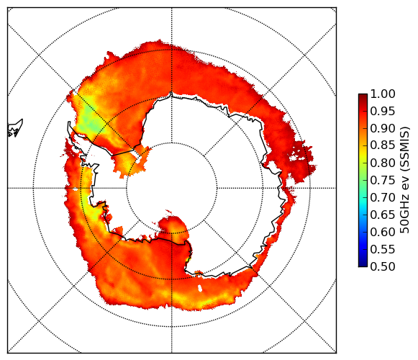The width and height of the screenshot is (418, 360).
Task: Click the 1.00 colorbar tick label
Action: (x=383, y=94)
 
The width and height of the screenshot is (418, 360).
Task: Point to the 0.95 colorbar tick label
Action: (x=383, y=112)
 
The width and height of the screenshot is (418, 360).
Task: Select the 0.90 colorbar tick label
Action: (x=383, y=129)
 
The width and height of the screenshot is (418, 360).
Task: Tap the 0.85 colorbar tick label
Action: (x=383, y=145)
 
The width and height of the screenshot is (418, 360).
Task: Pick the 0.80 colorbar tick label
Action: (x=383, y=163)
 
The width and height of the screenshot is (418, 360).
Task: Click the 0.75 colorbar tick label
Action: (x=383, y=181)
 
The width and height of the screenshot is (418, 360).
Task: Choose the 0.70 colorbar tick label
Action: (x=383, y=198)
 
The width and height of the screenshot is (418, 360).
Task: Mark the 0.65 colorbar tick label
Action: (x=383, y=215)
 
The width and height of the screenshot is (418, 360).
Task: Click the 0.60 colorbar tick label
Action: (x=383, y=232)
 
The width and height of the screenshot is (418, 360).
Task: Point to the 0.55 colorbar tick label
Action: (x=383, y=250)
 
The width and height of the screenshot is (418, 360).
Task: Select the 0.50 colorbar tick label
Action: (x=383, y=266)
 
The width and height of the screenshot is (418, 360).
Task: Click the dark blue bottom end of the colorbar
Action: (x=363, y=264)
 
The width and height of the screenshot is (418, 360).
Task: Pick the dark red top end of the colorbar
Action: (x=363, y=96)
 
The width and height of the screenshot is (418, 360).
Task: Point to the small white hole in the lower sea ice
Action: (x=200, y=288)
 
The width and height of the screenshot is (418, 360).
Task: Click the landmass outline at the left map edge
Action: (x=14, y=128)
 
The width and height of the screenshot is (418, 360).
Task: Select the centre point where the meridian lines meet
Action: (x=172, y=188)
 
